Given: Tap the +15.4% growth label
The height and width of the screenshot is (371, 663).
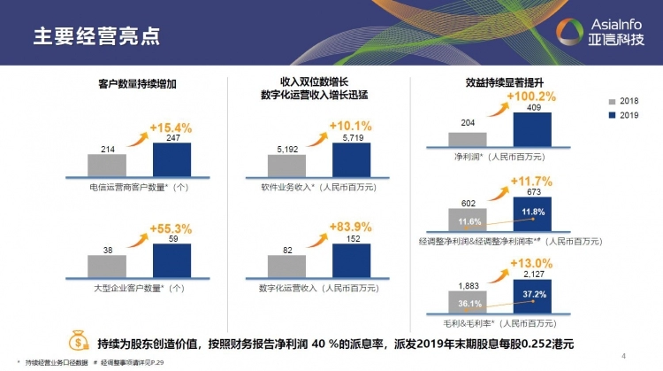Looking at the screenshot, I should coord(171,128).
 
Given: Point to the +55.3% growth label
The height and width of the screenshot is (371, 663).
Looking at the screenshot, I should coord(171,229).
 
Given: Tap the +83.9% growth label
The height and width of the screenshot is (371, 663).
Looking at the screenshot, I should coord(351,228).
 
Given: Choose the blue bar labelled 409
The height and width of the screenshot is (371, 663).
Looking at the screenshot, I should coord(532,128).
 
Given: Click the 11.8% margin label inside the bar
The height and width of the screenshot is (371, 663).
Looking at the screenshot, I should coord(533,213).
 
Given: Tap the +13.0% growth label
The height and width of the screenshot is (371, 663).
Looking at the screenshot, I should coord(531,263).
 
